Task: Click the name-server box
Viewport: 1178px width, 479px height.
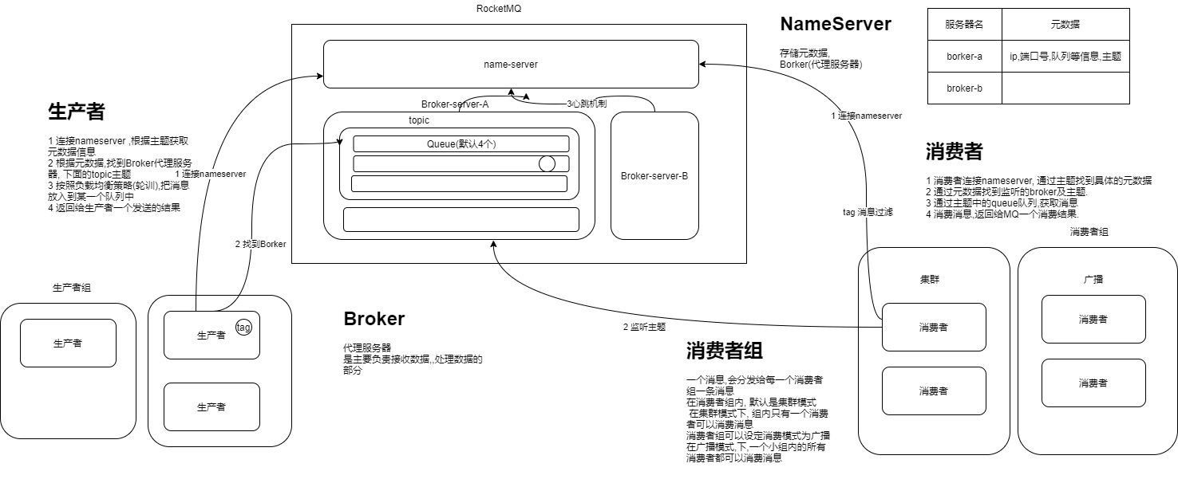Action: click(x=511, y=64)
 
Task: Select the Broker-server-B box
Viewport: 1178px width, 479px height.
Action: click(x=654, y=175)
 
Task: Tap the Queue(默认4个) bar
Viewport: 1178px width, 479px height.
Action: click(x=461, y=143)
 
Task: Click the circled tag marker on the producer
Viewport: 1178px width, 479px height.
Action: click(x=244, y=328)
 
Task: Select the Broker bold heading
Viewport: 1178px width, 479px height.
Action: click(x=374, y=319)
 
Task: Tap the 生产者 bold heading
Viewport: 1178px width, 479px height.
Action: click(x=77, y=112)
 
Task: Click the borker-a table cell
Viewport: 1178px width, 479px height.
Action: click(x=963, y=56)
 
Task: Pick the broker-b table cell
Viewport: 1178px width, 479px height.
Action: click(x=963, y=88)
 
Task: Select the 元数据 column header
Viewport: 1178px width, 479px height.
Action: click(x=1065, y=25)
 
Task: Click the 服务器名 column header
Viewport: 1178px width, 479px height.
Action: click(x=963, y=25)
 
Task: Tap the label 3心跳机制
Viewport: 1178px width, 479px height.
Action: click(x=586, y=104)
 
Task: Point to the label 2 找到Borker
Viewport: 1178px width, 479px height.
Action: click(x=260, y=244)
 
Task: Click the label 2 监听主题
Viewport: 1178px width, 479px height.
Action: click(x=644, y=327)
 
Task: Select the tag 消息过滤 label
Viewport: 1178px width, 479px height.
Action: click(x=868, y=212)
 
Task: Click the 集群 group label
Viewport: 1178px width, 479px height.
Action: click(x=933, y=280)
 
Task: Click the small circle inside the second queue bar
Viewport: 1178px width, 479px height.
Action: click(x=547, y=163)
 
